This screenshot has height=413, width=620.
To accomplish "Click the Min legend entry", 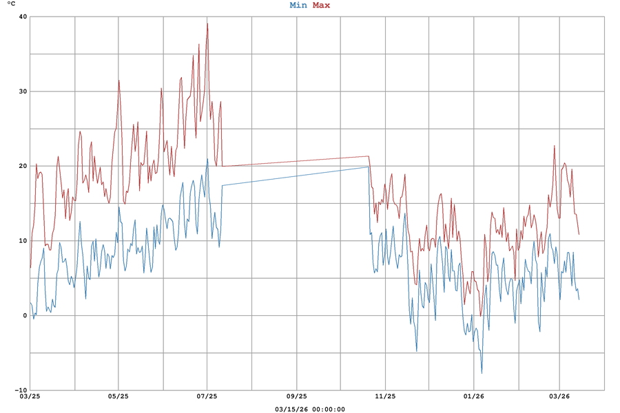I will pyautogui.click(x=298, y=6).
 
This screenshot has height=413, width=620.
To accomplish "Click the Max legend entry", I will pyautogui.click(x=321, y=6).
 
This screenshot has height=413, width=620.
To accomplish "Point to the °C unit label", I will pyautogui.click(x=12, y=5).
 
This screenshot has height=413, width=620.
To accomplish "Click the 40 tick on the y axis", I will pyautogui.click(x=23, y=17).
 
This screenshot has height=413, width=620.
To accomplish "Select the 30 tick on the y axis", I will pyautogui.click(x=23, y=92).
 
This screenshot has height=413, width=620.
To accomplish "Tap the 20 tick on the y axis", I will pyautogui.click(x=23, y=166).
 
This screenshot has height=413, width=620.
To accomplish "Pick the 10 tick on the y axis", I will pyautogui.click(x=23, y=241).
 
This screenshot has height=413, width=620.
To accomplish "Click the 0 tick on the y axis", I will pyautogui.click(x=25, y=315).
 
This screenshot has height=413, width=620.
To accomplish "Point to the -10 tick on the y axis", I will pyautogui.click(x=21, y=390).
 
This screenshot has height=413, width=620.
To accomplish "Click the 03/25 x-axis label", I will pyautogui.click(x=30, y=396).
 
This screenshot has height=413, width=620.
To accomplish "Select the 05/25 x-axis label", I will pyautogui.click(x=118, y=396).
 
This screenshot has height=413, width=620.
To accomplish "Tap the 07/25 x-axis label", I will pyautogui.click(x=207, y=396).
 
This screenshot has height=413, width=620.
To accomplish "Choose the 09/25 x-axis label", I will pyautogui.click(x=296, y=396).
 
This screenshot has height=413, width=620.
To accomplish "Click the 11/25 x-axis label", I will pyautogui.click(x=385, y=396).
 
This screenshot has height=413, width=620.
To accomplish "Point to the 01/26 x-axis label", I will pyautogui.click(x=474, y=396).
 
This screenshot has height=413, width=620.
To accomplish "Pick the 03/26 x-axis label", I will pyautogui.click(x=559, y=396).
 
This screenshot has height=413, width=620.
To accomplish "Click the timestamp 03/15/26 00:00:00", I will pyautogui.click(x=309, y=409).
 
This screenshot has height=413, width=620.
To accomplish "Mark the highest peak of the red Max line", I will pyautogui.click(x=207, y=23).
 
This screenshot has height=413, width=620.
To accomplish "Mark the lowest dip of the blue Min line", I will pyautogui.click(x=482, y=373).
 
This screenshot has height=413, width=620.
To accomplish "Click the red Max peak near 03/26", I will pyautogui.click(x=554, y=145).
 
